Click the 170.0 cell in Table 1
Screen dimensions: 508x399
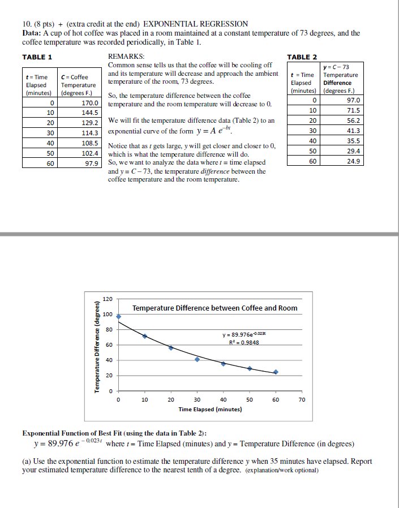(91, 104)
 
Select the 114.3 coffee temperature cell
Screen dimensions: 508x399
(91, 133)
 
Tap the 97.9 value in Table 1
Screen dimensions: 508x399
(91, 163)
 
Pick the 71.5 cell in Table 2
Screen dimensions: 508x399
(353, 110)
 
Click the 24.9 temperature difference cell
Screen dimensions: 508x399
(353, 161)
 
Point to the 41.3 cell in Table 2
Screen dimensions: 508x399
(353, 130)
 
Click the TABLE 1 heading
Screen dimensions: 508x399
(37, 57)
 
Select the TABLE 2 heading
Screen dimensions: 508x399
(303, 57)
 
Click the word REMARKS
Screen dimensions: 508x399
(126, 57)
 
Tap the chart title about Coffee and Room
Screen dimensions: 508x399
(214, 308)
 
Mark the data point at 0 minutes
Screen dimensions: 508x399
(118, 317)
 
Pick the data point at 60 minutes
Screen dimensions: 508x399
(276, 372)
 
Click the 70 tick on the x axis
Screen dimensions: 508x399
(302, 399)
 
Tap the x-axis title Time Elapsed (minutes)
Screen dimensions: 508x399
(210, 409)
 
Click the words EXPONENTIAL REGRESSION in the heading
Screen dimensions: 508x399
(195, 24)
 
